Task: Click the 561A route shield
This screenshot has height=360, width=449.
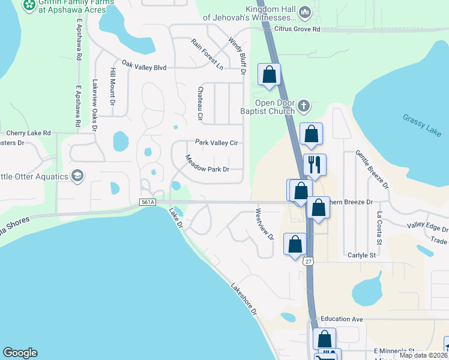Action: [148, 203]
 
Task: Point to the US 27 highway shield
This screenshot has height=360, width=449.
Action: [308, 261]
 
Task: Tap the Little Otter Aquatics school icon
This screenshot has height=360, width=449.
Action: [77, 175]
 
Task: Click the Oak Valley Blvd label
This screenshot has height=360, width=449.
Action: [143, 67]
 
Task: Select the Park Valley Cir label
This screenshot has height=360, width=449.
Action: [217, 143]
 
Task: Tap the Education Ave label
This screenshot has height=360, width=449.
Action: [342, 319]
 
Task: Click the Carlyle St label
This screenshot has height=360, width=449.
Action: [361, 255]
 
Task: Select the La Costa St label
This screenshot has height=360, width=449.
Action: [379, 229]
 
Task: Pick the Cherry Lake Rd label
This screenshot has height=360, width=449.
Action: [29, 133]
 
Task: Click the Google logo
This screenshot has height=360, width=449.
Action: [20, 353]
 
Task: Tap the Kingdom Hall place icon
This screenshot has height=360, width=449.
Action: [305, 12]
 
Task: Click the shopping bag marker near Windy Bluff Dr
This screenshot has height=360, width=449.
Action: [270, 75]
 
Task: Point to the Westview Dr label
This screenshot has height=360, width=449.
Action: [264, 223]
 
